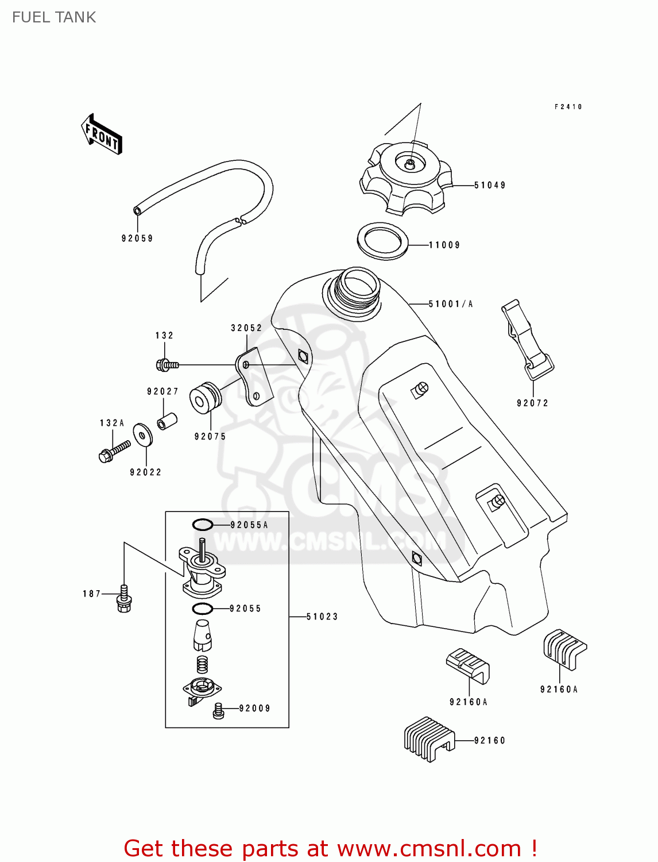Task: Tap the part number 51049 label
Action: (490, 185)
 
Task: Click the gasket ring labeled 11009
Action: (382, 241)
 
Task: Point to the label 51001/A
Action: (451, 304)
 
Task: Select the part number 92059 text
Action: (137, 238)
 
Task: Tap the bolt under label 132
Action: (167, 364)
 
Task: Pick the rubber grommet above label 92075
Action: (205, 397)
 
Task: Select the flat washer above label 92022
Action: (142, 435)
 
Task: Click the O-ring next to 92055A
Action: (202, 524)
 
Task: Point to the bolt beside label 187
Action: (123, 599)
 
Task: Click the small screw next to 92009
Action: (218, 710)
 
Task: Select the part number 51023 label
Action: (322, 617)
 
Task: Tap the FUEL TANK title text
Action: (54, 17)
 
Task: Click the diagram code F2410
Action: (568, 107)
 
